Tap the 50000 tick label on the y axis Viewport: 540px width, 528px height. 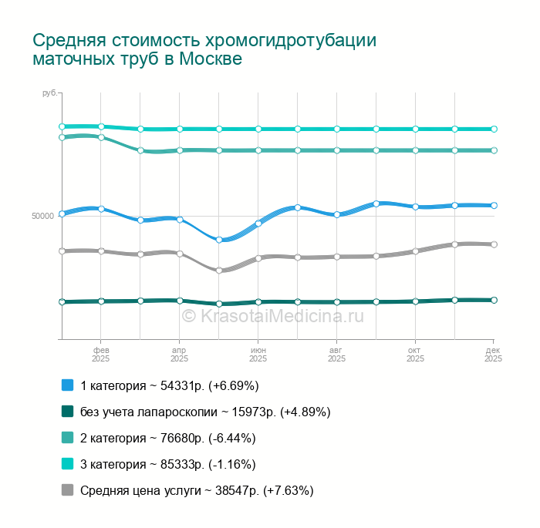(x=42, y=216)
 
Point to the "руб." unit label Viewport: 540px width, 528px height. (x=49, y=92)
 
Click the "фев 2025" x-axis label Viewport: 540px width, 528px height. (x=100, y=354)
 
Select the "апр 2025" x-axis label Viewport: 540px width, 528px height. (x=179, y=354)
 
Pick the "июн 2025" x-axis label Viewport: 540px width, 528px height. (x=258, y=354)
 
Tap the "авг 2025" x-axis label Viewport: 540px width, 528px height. (x=336, y=354)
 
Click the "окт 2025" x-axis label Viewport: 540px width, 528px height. (x=415, y=354)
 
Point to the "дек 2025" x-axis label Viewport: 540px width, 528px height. (x=493, y=354)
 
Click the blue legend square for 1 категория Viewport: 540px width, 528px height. (x=67, y=385)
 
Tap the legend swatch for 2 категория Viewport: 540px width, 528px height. (x=67, y=438)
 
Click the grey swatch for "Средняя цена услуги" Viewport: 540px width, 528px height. (x=67, y=490)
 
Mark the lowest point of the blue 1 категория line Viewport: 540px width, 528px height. (x=219, y=240)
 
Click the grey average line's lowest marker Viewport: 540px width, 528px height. (x=219, y=271)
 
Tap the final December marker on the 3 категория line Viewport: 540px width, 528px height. (x=494, y=129)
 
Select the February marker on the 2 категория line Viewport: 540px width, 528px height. (x=101, y=137)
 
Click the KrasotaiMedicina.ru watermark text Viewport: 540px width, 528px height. (x=272, y=314)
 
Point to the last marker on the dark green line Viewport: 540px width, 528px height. (x=494, y=300)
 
